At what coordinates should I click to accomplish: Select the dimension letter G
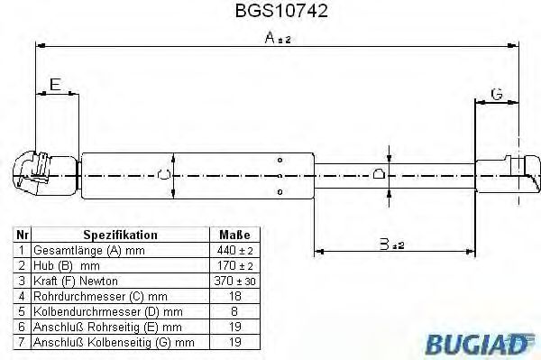[496, 93]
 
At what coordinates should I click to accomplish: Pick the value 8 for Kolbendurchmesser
[234, 310]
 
